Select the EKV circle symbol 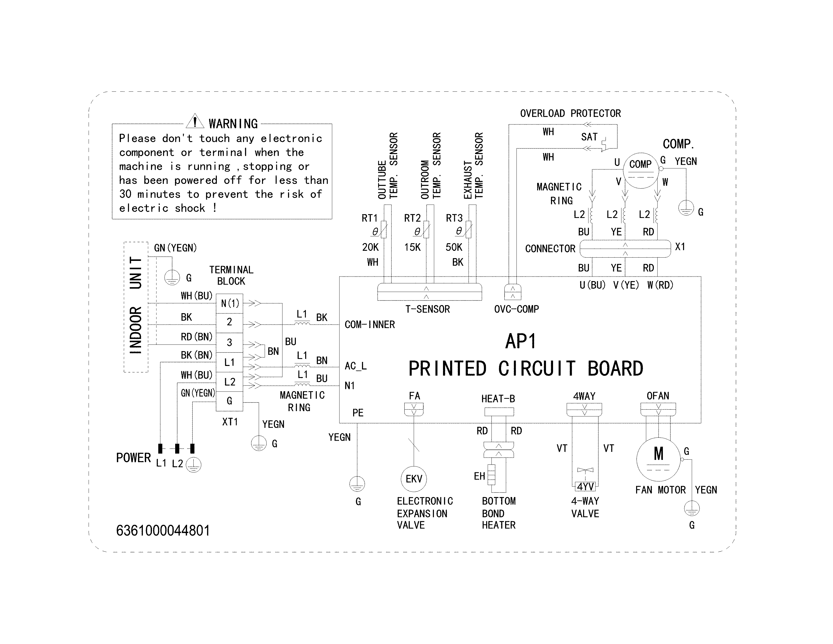pyautogui.click(x=414, y=479)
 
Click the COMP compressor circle pyautogui.click(x=640, y=170)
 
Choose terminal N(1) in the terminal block pyautogui.click(x=230, y=304)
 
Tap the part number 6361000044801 pyautogui.click(x=163, y=531)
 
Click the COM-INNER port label pyautogui.click(x=370, y=325)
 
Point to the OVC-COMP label pyautogui.click(x=516, y=309)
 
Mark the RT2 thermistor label pyautogui.click(x=412, y=218)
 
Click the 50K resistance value pyautogui.click(x=454, y=247)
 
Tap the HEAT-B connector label pyautogui.click(x=498, y=399)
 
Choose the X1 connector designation pyautogui.click(x=680, y=247)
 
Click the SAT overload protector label pyautogui.click(x=589, y=137)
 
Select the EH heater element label pyautogui.click(x=479, y=476)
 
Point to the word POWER pyautogui.click(x=134, y=458)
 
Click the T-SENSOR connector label pyautogui.click(x=428, y=309)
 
